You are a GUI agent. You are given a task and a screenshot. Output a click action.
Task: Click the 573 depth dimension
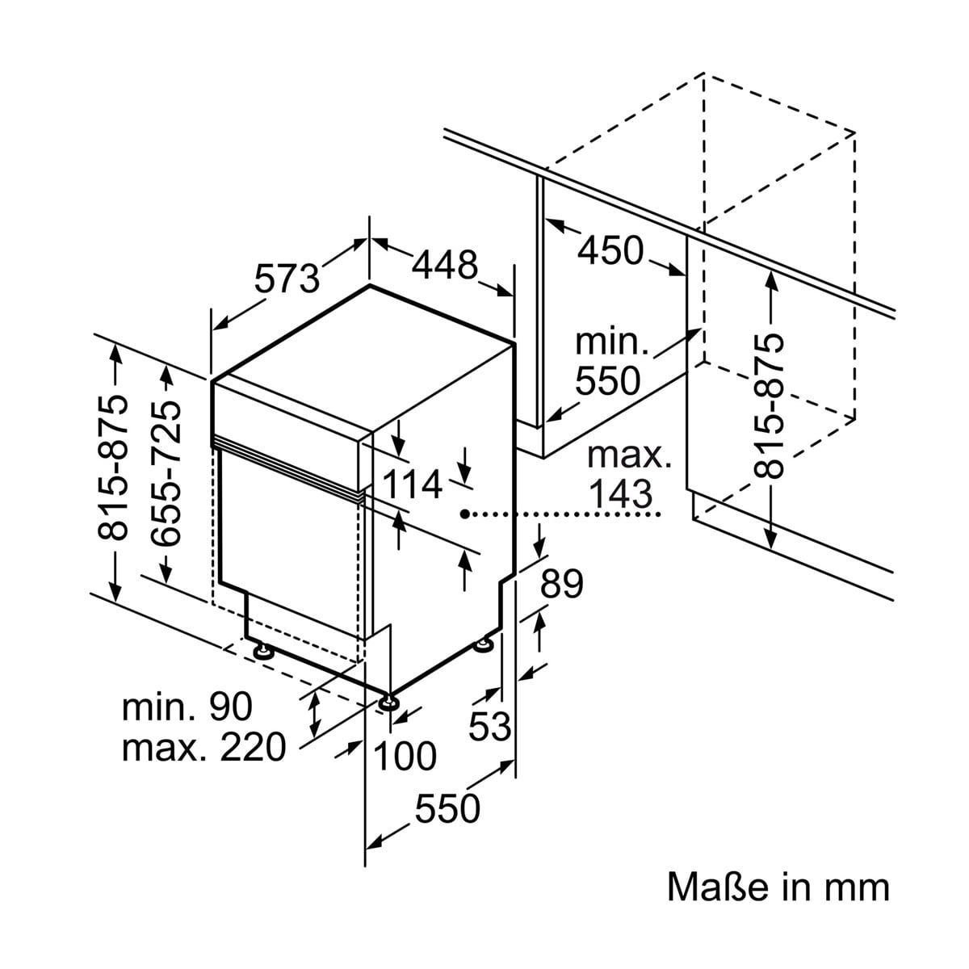287,279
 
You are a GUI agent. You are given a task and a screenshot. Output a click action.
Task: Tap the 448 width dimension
444,264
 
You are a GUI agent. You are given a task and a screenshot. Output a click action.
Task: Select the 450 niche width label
610,250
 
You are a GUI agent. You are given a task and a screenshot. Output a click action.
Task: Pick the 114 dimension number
412,485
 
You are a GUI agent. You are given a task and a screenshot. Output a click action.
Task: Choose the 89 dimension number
561,583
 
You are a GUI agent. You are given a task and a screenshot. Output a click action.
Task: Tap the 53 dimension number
491,726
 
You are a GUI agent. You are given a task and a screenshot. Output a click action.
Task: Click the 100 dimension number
405,756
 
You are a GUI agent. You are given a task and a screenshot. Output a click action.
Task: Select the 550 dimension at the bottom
447,807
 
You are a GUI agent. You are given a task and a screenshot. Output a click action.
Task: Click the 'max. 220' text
203,747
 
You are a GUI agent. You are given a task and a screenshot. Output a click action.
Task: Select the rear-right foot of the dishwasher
484,645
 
